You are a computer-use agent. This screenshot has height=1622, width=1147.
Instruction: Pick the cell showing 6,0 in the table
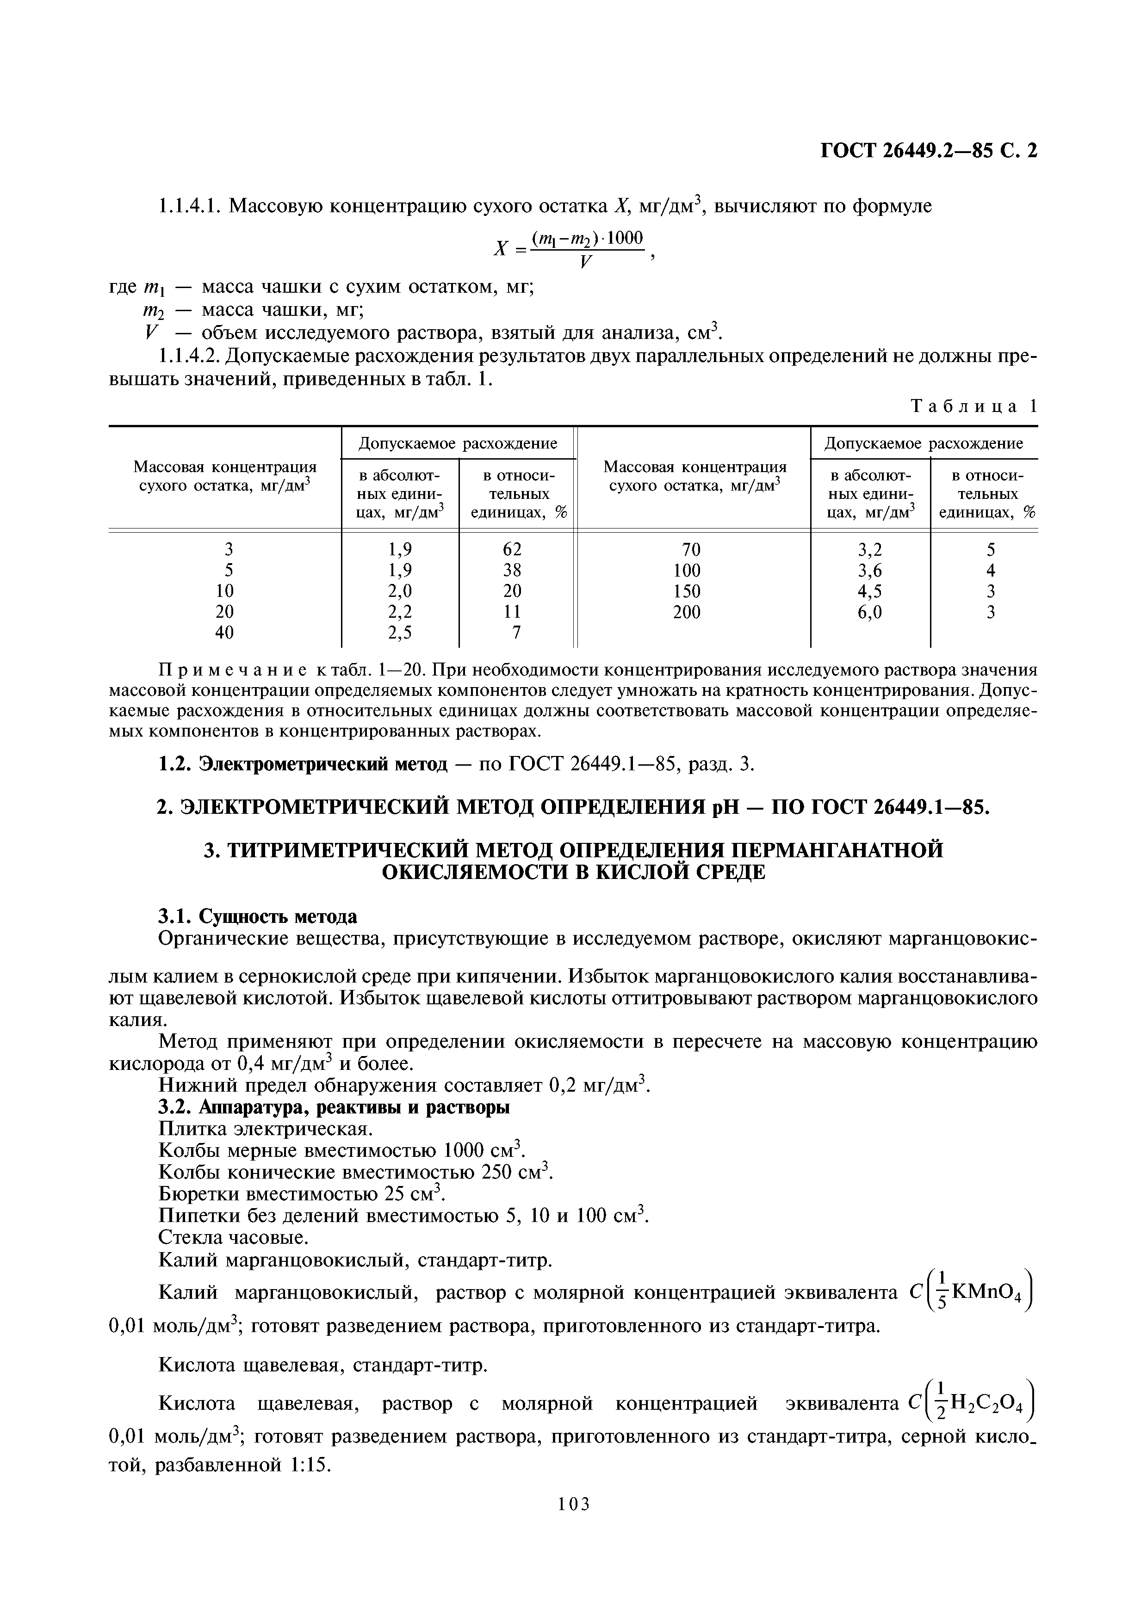pyautogui.click(x=869, y=613)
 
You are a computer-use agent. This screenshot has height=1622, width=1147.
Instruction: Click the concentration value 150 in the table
pyautogui.click(x=686, y=591)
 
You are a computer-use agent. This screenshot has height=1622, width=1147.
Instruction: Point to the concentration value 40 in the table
pyautogui.click(x=224, y=633)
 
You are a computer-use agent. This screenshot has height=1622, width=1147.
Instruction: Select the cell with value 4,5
pyautogui.click(x=869, y=591)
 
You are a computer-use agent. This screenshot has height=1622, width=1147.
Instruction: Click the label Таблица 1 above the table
pyautogui.click(x=974, y=406)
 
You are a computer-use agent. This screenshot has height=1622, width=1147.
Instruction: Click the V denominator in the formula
pyautogui.click(x=585, y=263)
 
